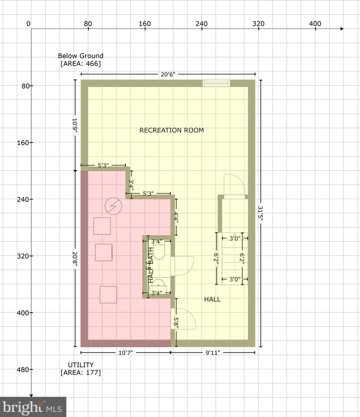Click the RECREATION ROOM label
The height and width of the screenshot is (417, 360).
click(x=172, y=130)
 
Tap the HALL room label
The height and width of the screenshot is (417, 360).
click(x=212, y=299)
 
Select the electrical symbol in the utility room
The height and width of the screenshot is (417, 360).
click(x=113, y=206)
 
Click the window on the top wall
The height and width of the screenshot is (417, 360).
click(x=216, y=83)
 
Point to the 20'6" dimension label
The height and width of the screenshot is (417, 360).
click(x=168, y=74)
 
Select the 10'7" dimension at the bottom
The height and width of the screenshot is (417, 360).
click(x=125, y=353)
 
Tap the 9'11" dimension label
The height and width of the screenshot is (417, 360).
click(x=213, y=353)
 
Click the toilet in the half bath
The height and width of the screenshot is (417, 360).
click(x=159, y=251)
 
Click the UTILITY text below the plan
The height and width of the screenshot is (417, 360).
click(x=81, y=365)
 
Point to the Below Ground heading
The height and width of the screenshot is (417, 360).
click(x=81, y=56)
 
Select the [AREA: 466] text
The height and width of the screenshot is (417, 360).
click(x=81, y=64)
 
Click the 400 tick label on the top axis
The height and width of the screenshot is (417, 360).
click(x=315, y=24)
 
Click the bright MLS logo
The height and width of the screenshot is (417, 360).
click(x=33, y=407)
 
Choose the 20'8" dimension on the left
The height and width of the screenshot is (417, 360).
click(x=75, y=259)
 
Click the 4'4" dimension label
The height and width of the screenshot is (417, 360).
click(x=176, y=217)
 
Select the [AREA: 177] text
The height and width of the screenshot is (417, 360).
click(x=81, y=372)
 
